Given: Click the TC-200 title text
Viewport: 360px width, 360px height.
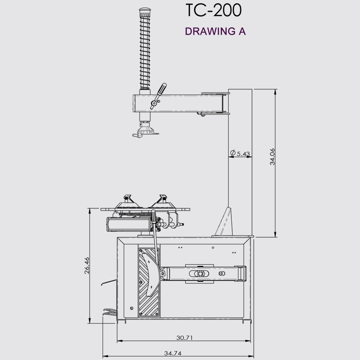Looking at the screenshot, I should pyautogui.click(x=213, y=10).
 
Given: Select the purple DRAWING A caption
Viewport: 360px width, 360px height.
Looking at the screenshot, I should pyautogui.click(x=215, y=31).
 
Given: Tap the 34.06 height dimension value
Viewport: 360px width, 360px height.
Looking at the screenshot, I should pyautogui.click(x=272, y=157).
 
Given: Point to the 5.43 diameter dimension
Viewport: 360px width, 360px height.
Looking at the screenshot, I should pyautogui.click(x=243, y=154).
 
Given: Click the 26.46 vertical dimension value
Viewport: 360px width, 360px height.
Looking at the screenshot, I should pyautogui.click(x=87, y=265).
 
